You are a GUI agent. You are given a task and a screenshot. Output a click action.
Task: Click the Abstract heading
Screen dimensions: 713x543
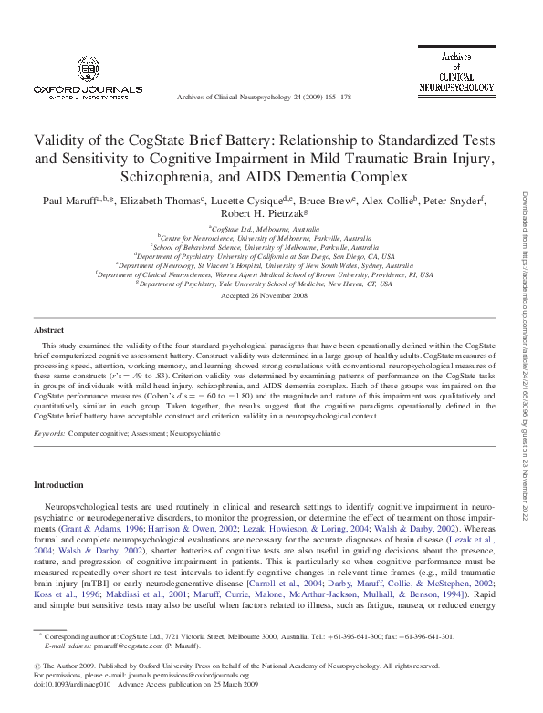point(48,329)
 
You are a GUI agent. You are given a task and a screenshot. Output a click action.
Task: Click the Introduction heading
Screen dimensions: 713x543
point(58,484)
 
